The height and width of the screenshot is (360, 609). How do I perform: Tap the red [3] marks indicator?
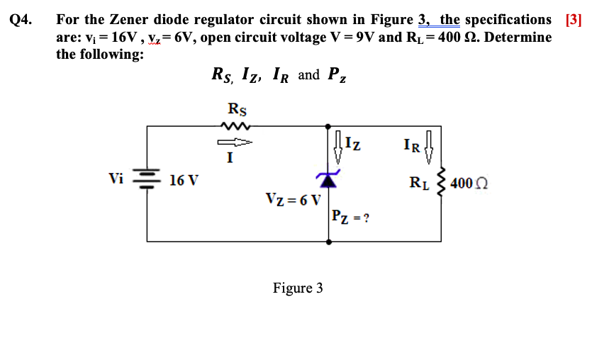click(x=573, y=20)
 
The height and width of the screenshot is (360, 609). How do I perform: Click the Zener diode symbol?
click(x=328, y=178)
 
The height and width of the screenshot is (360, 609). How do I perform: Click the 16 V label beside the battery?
click(x=184, y=180)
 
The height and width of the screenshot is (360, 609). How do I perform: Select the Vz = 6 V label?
click(x=293, y=199)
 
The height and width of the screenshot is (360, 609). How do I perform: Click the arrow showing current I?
click(x=237, y=142)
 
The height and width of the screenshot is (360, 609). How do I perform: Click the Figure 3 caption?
click(x=298, y=288)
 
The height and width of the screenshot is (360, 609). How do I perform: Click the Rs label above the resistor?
click(x=238, y=109)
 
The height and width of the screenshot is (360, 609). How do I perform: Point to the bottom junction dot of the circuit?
click(x=328, y=242)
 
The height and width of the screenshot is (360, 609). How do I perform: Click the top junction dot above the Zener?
click(x=328, y=126)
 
